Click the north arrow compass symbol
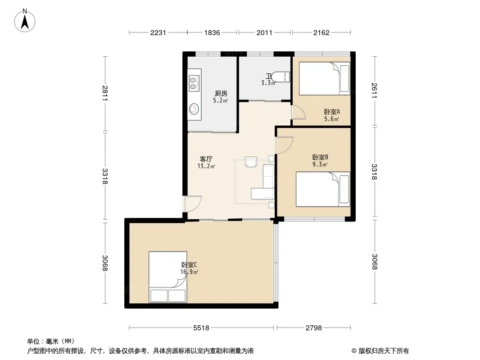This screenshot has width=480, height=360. click(25, 21)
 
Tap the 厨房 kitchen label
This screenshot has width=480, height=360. click(221, 93)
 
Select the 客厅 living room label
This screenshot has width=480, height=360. click(206, 159)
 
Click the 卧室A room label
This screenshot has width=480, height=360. click(332, 112)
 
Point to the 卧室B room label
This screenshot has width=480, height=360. click(320, 157)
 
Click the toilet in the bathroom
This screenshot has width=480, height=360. click(281, 77)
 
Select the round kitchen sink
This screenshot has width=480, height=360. click(194, 108)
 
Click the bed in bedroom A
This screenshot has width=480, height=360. click(325, 79)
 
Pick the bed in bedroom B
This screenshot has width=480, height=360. click(323, 189)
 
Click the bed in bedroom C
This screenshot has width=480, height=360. click(168, 277)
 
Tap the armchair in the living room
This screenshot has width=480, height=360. click(251, 162)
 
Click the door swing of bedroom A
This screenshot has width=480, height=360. click(299, 112)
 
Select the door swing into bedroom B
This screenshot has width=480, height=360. click(285, 145)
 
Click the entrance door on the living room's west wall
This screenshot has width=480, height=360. click(193, 204)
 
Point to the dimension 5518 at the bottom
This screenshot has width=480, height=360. click(201, 328)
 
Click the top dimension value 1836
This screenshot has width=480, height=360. click(212, 32)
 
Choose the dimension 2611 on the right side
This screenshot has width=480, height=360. click(374, 90)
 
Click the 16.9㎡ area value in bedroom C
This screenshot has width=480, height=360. click(189, 272)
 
